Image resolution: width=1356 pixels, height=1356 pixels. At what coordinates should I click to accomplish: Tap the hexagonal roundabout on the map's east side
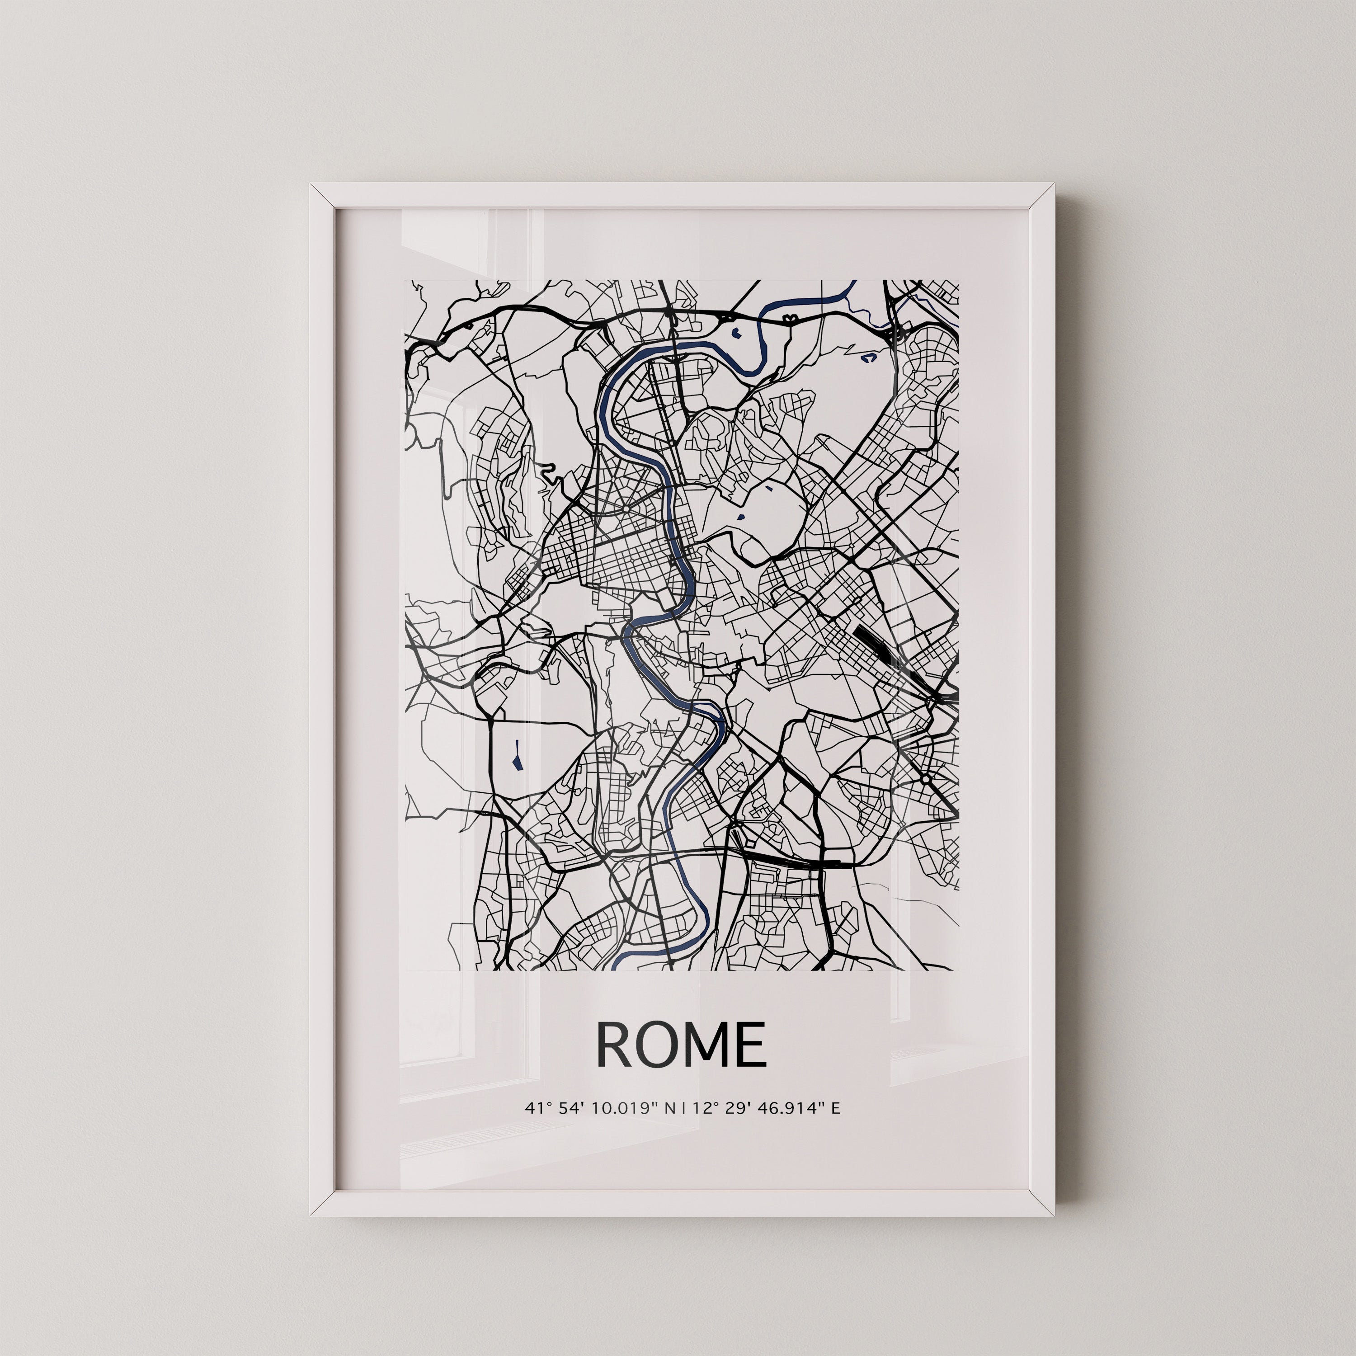point(926,779)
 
